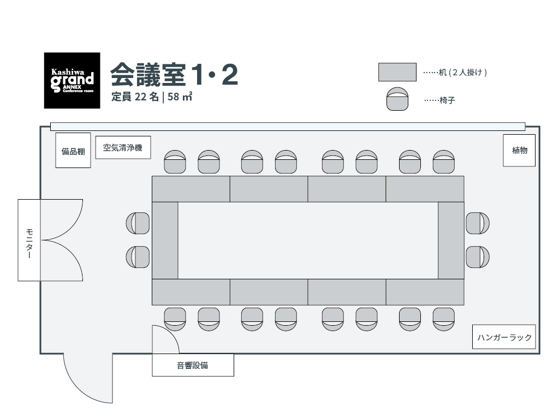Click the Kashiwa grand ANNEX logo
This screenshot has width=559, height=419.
(72, 81)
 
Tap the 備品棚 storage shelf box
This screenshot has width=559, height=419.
(73, 150)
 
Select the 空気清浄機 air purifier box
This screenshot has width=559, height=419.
(123, 147)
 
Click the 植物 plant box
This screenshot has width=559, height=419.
(519, 151)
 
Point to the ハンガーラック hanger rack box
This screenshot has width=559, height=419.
(504, 337)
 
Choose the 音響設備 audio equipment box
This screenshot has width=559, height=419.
(193, 365)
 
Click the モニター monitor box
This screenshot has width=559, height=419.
(29, 240)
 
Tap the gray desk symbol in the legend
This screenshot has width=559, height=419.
(397, 72)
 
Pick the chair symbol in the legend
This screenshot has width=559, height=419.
(397, 99)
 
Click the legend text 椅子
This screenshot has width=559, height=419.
(447, 100)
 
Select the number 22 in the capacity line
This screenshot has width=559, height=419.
(140, 97)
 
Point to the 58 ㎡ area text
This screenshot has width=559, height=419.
(180, 97)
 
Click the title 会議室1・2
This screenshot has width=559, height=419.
(174, 75)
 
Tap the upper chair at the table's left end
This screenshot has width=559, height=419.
(138, 223)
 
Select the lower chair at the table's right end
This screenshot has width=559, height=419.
(478, 257)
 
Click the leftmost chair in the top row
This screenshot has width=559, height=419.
(175, 161)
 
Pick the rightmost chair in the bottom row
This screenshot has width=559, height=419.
(444, 319)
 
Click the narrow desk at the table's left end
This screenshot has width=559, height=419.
(165, 241)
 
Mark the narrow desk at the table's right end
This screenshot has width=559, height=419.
(451, 241)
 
